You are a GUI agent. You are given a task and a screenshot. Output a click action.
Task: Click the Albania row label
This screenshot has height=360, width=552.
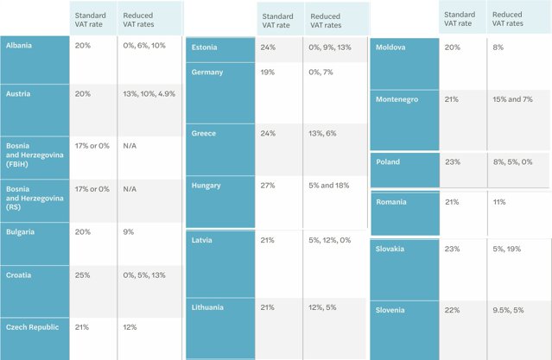tap(19, 46)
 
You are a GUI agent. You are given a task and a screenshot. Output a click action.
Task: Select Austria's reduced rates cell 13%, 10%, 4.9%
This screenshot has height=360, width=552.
tap(149, 94)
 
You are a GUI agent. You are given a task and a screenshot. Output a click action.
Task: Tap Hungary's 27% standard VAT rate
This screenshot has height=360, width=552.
tap(268, 186)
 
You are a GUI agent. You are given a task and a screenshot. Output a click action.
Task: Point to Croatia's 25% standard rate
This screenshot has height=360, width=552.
tap(82, 275)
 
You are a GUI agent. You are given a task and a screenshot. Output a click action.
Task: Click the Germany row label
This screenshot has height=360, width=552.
tap(207, 73)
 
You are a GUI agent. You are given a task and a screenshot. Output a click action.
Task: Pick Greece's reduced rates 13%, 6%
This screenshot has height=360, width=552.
tap(322, 133)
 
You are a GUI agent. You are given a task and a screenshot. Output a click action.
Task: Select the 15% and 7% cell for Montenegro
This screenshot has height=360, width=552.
tap(512, 99)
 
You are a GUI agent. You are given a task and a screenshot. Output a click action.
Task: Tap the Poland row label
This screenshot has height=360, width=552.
tap(388, 162)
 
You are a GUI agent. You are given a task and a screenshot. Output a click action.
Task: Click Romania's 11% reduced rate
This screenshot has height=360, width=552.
tap(499, 202)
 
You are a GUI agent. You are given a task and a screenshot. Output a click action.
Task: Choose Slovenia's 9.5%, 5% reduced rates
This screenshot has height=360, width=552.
tap(508, 310)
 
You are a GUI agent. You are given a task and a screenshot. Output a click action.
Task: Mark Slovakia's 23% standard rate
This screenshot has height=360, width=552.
tap(452, 249)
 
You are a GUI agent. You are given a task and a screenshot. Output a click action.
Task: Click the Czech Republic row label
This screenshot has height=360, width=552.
tap(32, 327)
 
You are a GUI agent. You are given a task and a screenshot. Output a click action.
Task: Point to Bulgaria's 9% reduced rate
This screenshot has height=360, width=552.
tap(129, 232)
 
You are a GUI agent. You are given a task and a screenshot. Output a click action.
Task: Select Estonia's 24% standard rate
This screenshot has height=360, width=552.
tap(268, 47)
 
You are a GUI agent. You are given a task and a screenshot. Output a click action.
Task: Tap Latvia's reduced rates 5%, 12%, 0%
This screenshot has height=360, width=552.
tap(330, 240)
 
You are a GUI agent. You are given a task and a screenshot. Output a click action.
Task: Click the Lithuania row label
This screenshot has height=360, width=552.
tap(207, 307)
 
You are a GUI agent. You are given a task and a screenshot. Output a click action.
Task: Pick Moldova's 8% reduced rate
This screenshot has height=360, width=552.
tap(498, 47)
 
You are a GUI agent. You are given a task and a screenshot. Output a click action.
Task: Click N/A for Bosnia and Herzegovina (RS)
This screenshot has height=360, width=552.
tap(130, 189)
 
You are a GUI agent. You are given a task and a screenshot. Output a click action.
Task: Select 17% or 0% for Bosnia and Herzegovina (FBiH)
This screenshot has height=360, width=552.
tap(92, 146)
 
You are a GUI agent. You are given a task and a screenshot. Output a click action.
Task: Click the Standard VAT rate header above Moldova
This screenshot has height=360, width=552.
tap(460, 19)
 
